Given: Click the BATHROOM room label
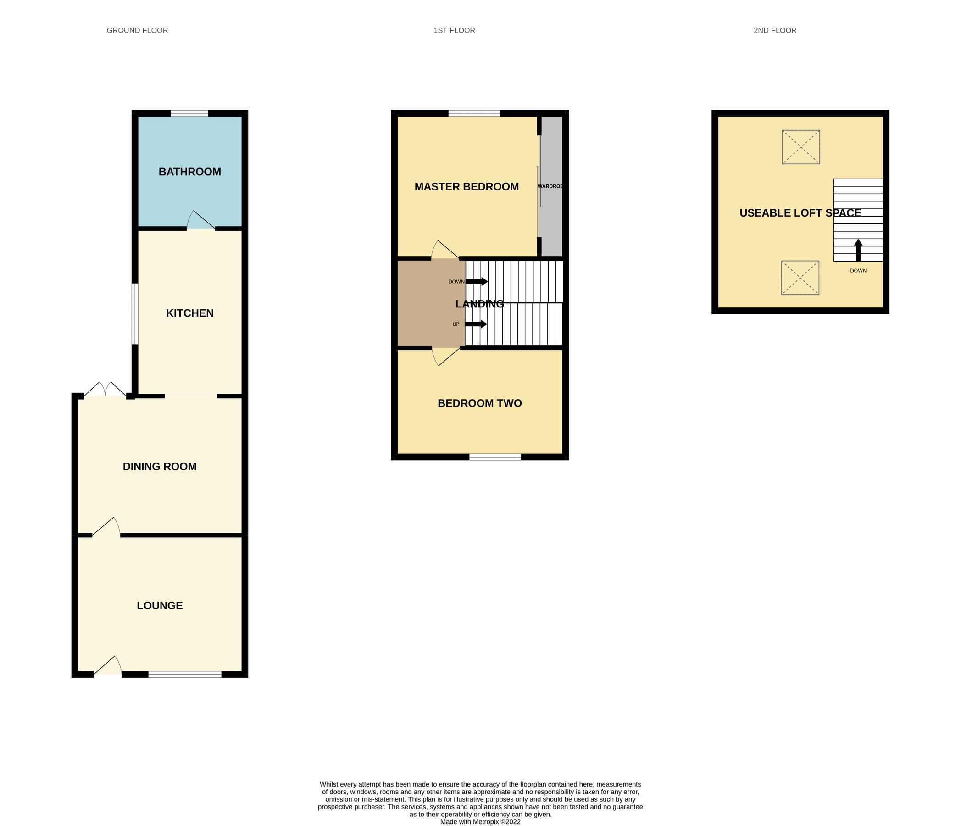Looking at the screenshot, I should tap(190, 172).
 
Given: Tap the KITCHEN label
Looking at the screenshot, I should tap(190, 313).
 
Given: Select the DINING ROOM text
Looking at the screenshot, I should tap(160, 466).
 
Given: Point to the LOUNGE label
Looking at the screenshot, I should tap(160, 606).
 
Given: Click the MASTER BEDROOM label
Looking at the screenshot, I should tap(466, 187).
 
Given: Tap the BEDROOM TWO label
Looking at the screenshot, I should tap(479, 403).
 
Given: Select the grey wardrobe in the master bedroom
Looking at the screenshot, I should tap(552, 185).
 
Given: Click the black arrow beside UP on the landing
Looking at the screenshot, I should tap(476, 324).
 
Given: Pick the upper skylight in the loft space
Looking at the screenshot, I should tap(801, 147).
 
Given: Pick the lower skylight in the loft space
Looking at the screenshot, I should tap(800, 278).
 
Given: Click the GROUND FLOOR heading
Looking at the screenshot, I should tap(137, 30).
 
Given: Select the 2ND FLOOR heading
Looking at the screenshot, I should tap(775, 30).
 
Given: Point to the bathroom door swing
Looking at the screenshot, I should tap(200, 221).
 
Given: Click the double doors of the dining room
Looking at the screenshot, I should tap(106, 390).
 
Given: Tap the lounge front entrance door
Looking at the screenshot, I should tap(108, 667).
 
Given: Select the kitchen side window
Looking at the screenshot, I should tap(134, 314).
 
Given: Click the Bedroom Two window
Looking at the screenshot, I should tap(495, 457).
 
